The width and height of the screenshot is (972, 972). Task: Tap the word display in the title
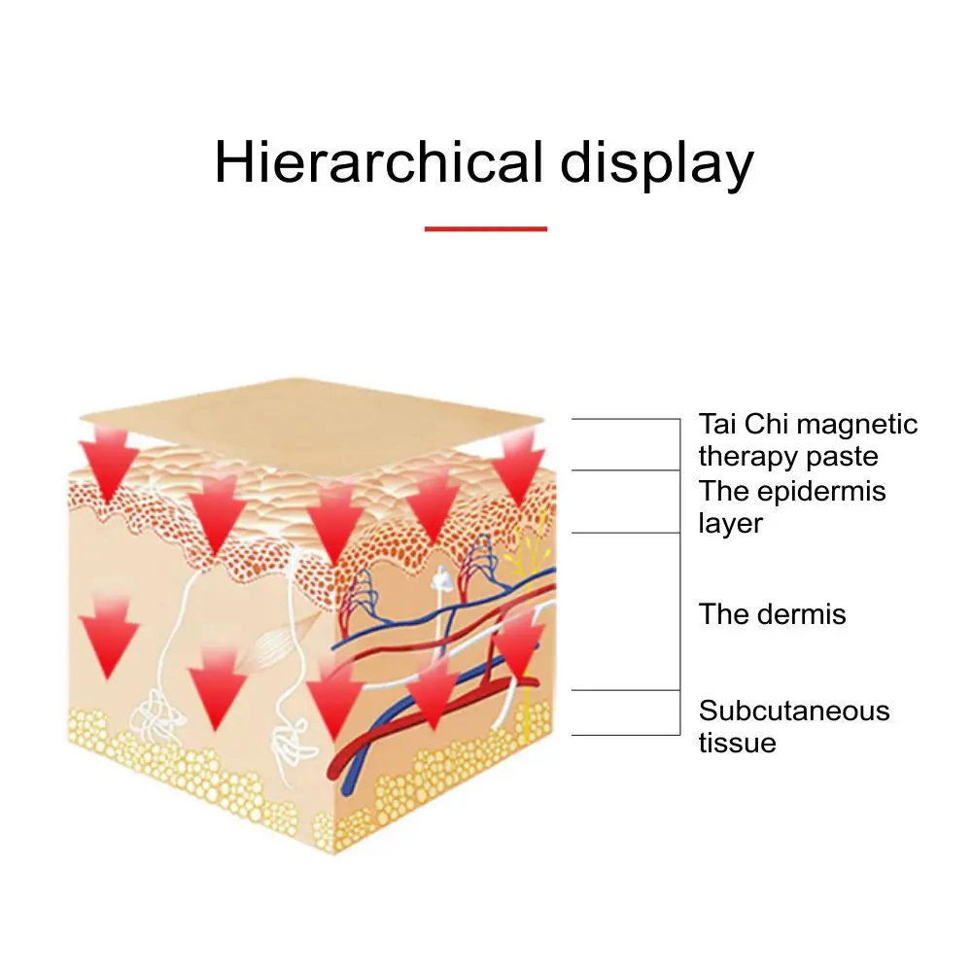point(656,163)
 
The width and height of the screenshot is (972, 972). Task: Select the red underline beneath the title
point(486,229)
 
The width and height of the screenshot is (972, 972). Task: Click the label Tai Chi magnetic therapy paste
point(807,440)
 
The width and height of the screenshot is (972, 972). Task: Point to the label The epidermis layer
point(792,506)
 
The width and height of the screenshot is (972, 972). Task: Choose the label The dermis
point(772,614)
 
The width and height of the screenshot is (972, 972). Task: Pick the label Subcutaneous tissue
point(793,726)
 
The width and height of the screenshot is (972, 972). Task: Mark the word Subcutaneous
point(793,711)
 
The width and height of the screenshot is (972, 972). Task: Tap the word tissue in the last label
point(737,744)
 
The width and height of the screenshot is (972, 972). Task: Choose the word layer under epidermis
point(730,524)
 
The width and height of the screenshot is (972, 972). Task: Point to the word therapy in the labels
point(746,457)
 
